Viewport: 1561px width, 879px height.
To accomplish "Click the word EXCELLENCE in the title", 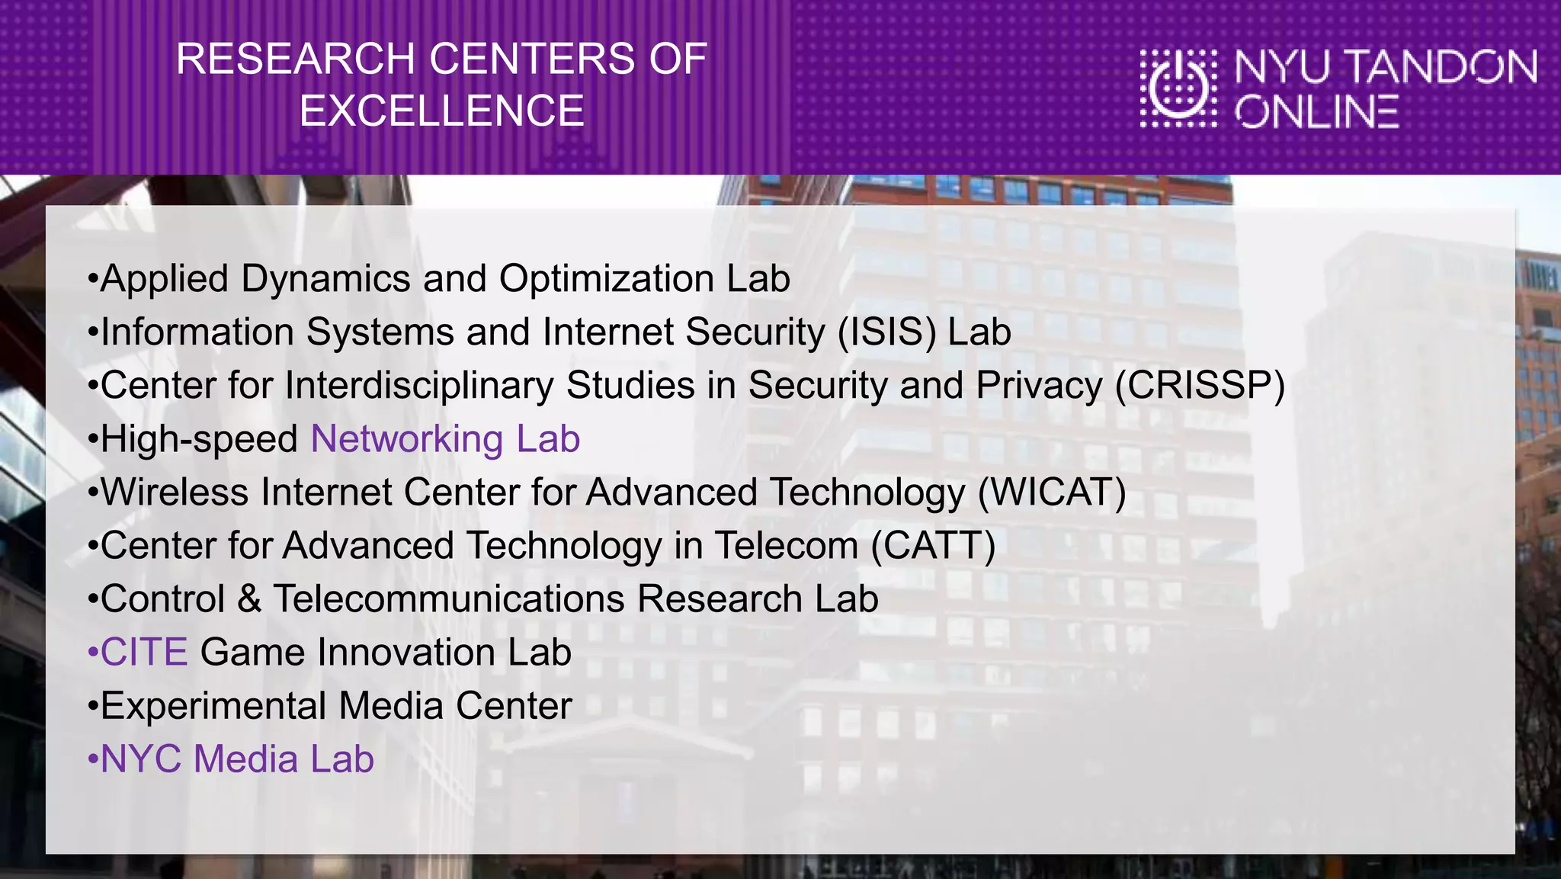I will click(441, 111).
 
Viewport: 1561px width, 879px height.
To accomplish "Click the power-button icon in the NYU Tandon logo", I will click(1178, 88).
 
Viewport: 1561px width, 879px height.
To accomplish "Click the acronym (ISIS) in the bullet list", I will click(886, 332).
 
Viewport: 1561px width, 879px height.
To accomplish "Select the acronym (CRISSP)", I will click(1200, 386).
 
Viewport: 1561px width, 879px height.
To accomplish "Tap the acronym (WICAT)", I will click(1052, 492).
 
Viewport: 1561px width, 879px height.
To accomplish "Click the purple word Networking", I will click(407, 439).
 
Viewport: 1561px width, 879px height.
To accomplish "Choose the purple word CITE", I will click(144, 653).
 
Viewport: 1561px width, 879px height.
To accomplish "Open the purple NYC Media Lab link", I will click(237, 759).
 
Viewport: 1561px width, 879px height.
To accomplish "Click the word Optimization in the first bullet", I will click(607, 279).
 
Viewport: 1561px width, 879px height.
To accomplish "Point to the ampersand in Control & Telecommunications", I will click(249, 599).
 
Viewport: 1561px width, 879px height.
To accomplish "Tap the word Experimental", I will click(213, 706).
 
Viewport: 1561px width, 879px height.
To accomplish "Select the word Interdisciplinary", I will click(418, 386).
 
